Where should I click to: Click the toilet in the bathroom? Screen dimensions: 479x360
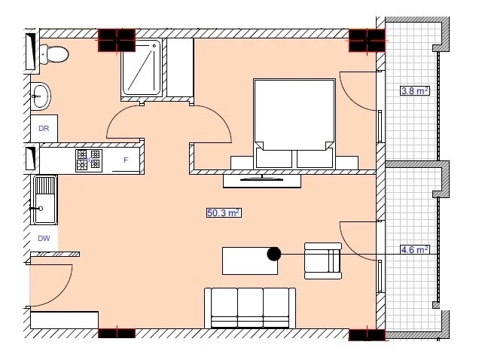[x=54, y=54]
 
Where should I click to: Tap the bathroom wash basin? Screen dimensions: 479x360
[x=41, y=96]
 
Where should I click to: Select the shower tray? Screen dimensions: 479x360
[x=141, y=69]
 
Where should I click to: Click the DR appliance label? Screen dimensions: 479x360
[x=44, y=128]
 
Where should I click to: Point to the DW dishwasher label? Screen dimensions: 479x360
[x=44, y=239]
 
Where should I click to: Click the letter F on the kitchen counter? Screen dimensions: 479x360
[x=126, y=160]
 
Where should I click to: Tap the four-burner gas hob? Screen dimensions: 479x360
[x=89, y=160]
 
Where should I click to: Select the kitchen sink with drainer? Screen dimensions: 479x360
[x=44, y=200]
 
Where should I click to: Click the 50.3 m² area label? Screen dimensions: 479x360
[x=224, y=212]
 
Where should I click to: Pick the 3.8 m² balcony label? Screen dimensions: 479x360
[x=415, y=91]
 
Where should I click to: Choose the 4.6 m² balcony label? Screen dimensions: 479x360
[x=415, y=250]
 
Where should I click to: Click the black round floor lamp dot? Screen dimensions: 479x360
[x=274, y=254]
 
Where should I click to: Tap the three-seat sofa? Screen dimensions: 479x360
[x=250, y=308]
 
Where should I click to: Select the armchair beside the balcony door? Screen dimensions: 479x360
[x=323, y=261]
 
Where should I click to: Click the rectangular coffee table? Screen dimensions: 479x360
[x=250, y=261]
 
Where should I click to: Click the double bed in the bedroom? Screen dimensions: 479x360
[x=294, y=124]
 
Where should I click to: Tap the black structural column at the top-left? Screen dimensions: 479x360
[x=117, y=40]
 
